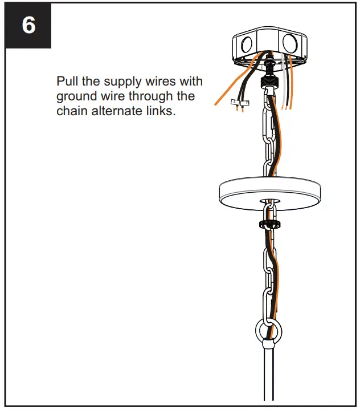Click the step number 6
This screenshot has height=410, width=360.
(29, 26)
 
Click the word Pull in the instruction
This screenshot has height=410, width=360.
(67, 80)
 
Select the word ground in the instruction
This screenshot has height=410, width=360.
(76, 96)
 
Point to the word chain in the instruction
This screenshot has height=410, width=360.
(71, 111)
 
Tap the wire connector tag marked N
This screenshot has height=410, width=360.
(245, 103)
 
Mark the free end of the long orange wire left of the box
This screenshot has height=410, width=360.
(216, 104)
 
